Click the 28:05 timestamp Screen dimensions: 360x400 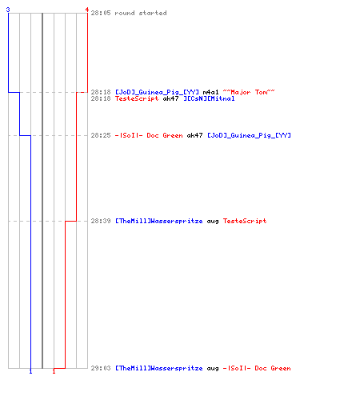(x=101, y=13)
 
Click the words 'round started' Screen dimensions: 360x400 (x=141, y=13)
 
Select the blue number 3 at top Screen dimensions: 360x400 (x=8, y=10)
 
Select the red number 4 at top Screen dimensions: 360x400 (x=87, y=10)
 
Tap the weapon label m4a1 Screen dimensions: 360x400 (x=210, y=92)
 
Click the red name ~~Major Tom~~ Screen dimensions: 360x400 (x=249, y=92)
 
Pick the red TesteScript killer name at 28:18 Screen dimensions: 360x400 (x=137, y=98)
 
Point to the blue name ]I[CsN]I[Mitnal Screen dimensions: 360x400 (x=210, y=98)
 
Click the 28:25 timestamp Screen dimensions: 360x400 (x=101, y=135)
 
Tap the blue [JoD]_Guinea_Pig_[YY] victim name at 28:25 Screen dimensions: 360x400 (x=249, y=135)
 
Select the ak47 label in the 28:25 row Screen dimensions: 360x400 (x=194, y=135)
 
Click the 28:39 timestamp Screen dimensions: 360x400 (x=101, y=221)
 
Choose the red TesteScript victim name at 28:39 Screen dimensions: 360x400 (x=245, y=221)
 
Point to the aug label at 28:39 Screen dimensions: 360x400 (x=213, y=222)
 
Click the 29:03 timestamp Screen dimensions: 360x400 (x=101, y=368)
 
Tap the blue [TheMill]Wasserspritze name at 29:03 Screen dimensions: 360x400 (x=159, y=368)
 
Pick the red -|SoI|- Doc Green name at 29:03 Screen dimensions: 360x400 (x=257, y=368)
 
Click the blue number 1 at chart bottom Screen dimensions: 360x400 (x=30, y=371)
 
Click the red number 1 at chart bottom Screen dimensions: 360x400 (x=54, y=371)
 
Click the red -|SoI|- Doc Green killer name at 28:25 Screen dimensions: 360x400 (x=149, y=135)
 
